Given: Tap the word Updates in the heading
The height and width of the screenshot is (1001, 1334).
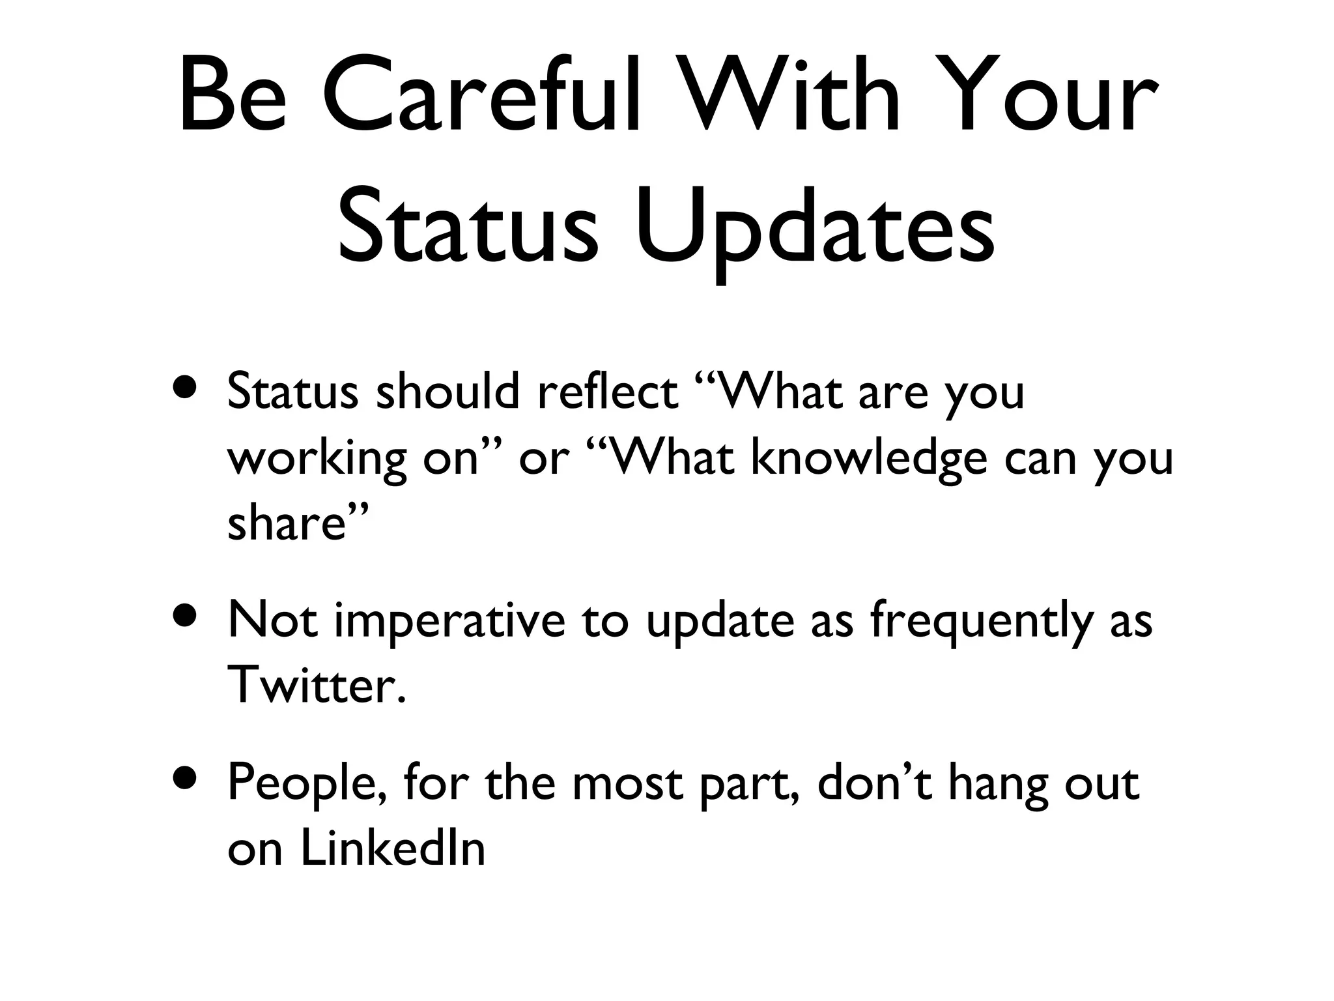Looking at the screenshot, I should click(x=815, y=225).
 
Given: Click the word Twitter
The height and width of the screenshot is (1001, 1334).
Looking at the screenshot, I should click(x=317, y=686).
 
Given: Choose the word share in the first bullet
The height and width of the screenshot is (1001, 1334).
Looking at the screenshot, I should click(x=285, y=523).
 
